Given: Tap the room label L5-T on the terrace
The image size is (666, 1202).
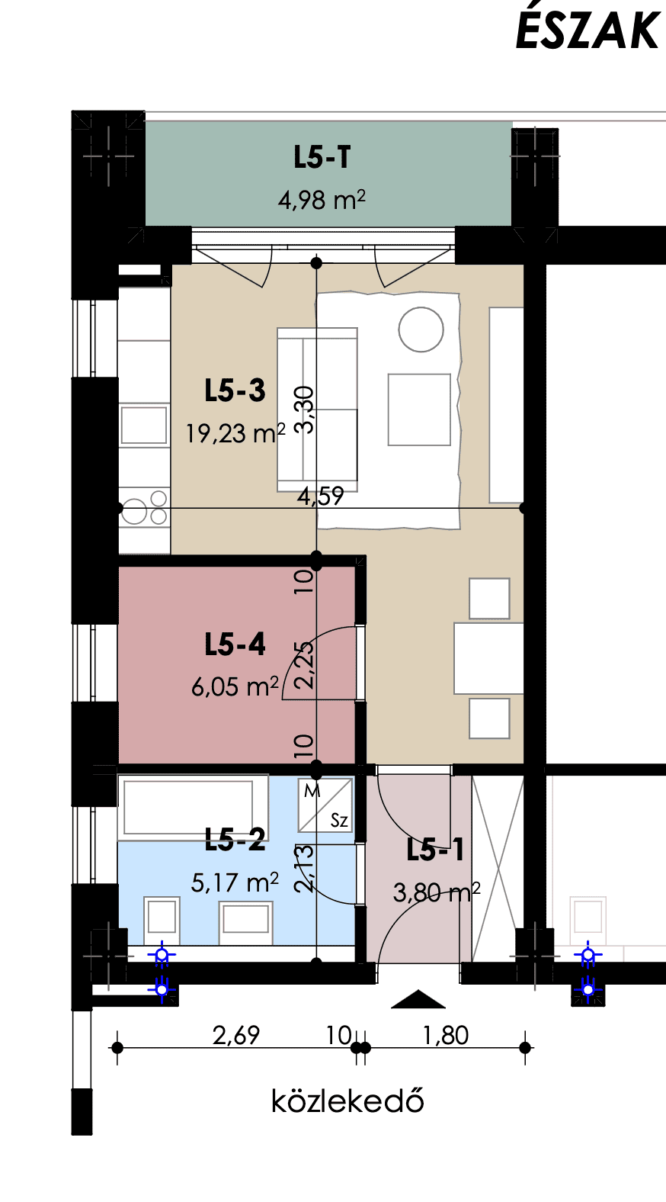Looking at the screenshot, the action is coord(322,157).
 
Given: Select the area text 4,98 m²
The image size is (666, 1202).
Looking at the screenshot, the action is coord(322,200).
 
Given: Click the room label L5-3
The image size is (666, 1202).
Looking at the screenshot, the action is coord(235,390).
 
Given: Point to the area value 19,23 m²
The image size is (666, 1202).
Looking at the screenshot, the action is coord(235,433).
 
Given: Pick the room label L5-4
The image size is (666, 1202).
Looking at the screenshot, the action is coord(235,644).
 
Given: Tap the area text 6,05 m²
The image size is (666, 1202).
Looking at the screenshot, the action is coord(235,686).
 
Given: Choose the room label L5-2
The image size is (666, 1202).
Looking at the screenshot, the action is coord(235,840).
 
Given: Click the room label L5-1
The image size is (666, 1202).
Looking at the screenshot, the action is coord(435,850).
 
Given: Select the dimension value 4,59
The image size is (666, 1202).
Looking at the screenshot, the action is coord(321,497).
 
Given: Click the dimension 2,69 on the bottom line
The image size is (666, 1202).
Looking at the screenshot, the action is coord(236,1035).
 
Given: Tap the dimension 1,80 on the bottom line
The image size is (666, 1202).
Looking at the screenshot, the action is coord(446,1035).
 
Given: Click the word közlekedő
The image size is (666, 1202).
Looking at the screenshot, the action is coord(347,1101).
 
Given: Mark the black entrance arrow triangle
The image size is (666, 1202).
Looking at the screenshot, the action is coord(418,999).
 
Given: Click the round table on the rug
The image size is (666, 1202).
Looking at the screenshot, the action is coord(421,329).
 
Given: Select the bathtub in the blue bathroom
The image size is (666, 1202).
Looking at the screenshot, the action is coord(188,807).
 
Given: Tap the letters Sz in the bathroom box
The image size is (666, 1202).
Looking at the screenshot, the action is coord(339,820).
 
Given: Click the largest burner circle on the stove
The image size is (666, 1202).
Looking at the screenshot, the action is coord(134,512).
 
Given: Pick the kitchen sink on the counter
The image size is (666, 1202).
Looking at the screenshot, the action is coord(144,425).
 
